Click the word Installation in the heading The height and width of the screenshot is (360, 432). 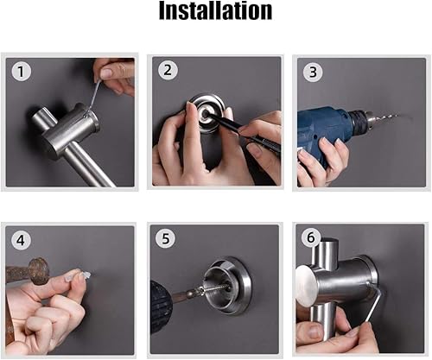point(216,10)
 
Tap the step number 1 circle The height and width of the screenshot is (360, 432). point(21,72)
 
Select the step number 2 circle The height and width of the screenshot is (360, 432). point(168,70)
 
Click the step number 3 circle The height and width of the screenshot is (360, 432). point(313,73)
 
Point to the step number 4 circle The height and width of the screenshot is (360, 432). point(21,240)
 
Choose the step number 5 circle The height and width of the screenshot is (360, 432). point(166,239)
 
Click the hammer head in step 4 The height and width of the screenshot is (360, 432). point(38,272)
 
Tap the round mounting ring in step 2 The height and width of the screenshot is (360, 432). point(206,113)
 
